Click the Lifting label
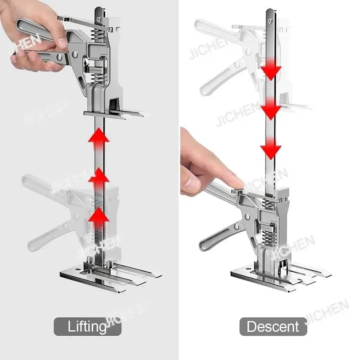tap(88, 326)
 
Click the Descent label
tap(273, 326)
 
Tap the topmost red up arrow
tap(99, 137)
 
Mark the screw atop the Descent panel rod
tap(271, 18)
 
